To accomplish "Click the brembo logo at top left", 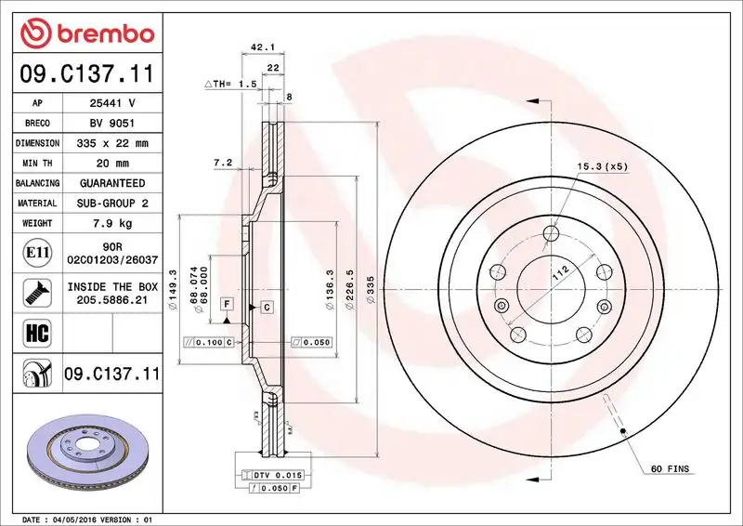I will pos(85,34).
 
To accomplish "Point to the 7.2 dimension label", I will pos(223,163).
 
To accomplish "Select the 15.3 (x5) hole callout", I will pos(603,166).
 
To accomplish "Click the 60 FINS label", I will pos(670,469).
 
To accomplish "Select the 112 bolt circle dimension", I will pos(558,272).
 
